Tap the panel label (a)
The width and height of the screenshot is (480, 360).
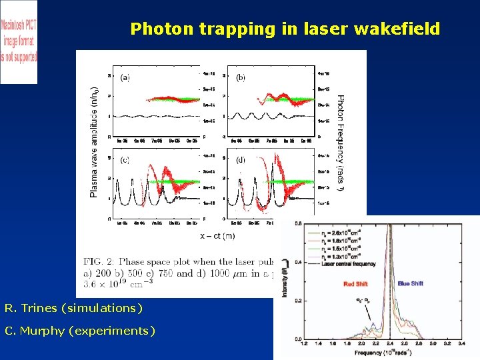[x=125, y=77]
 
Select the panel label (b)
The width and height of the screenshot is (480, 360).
[x=240, y=77]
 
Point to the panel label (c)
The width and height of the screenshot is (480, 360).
[x=125, y=160]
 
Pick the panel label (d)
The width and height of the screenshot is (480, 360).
[x=240, y=160]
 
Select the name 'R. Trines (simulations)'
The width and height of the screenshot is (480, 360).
[x=73, y=308]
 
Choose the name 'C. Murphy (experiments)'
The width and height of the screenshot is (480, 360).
[x=79, y=331]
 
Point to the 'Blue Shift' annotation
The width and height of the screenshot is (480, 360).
[x=411, y=283]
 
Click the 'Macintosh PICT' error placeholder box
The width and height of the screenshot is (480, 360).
[x=19, y=41]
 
